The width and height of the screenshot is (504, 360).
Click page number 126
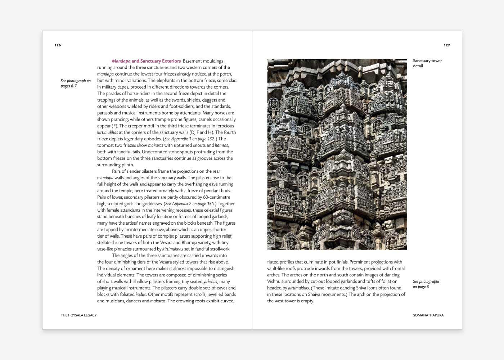tap(58, 45)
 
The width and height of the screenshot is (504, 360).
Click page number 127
tap(446, 45)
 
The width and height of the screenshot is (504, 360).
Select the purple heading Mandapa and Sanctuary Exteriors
tap(146, 61)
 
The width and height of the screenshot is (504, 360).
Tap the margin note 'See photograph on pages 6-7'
tap(75, 83)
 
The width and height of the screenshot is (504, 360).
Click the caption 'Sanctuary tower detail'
tap(427, 63)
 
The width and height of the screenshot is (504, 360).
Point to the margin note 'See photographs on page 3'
tap(426, 284)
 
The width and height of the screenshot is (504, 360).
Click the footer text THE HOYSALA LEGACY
tap(78, 315)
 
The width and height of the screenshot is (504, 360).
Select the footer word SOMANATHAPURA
tap(428, 315)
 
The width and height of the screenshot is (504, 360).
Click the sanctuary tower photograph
tap(337, 154)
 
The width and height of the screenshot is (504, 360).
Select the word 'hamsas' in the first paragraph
tap(221, 145)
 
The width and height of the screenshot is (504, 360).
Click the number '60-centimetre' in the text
tap(216, 197)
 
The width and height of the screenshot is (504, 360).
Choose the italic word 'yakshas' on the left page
tap(210, 281)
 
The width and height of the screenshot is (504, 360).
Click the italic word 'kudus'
tap(141, 294)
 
